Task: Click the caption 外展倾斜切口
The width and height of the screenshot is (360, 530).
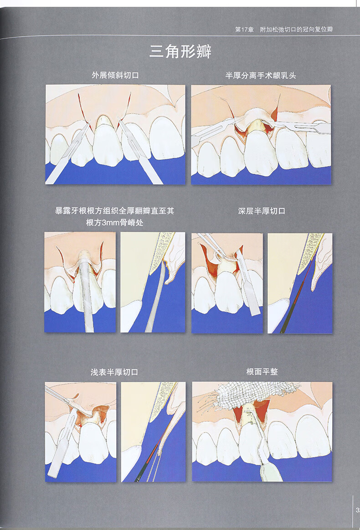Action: [x=115, y=75]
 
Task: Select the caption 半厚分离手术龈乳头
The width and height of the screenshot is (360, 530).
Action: [x=261, y=75]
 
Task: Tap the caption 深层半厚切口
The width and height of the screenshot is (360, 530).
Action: [x=262, y=211]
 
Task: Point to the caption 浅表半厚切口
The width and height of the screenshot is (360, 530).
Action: [x=114, y=372]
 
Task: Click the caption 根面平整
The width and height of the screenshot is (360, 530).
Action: [x=262, y=372]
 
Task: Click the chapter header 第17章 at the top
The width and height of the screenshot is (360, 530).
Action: [x=244, y=30]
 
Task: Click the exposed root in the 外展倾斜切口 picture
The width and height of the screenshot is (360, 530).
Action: [x=105, y=121]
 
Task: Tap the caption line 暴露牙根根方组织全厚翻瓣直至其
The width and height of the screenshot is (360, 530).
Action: [x=114, y=211]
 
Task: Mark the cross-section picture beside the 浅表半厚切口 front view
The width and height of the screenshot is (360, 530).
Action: [x=153, y=431]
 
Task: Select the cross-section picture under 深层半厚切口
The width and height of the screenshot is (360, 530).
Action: [x=300, y=283]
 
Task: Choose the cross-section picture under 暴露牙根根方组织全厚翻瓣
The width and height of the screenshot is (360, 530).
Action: [x=153, y=282]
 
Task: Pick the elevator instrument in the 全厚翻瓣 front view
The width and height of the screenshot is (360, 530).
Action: [x=86, y=292]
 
